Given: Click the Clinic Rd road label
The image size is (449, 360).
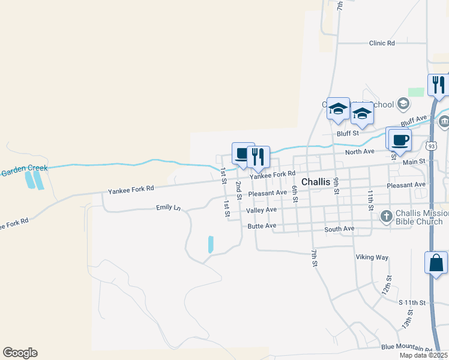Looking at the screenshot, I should (382, 43).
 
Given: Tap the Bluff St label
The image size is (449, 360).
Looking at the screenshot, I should (347, 133).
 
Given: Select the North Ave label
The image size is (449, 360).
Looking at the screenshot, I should (360, 152).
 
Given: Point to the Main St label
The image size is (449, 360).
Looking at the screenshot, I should (414, 161).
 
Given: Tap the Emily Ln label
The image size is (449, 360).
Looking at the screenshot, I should (168, 208).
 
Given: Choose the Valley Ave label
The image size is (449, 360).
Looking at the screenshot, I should (261, 209).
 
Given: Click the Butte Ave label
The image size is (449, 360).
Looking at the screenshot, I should (262, 226).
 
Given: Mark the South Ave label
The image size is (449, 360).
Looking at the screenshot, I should (339, 229).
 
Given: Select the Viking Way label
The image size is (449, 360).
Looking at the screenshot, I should (372, 257).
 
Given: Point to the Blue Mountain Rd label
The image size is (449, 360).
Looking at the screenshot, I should (407, 348).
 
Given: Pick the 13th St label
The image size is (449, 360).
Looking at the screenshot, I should (408, 319).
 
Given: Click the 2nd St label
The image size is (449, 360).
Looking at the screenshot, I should (239, 190).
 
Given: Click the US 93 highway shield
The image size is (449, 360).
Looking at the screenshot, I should (432, 146).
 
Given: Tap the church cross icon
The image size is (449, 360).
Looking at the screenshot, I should (386, 215).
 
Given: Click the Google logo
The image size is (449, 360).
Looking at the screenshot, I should (20, 353).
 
